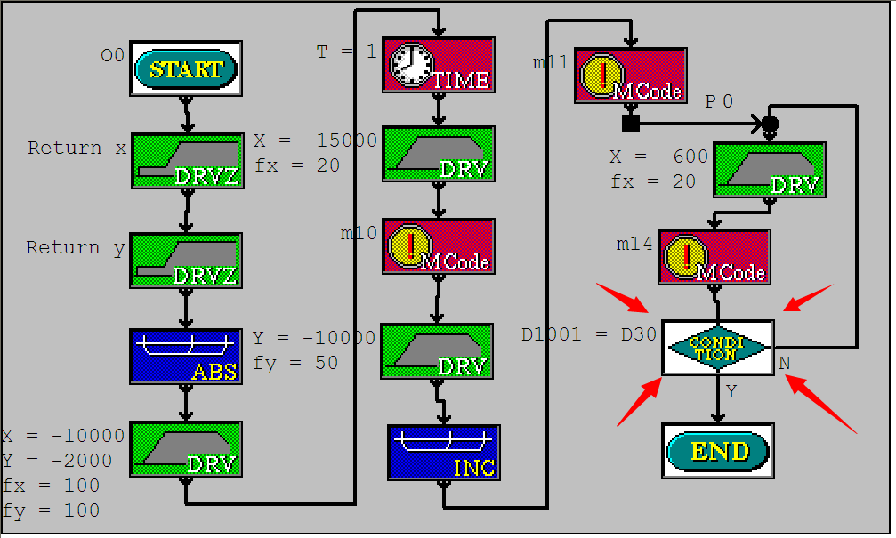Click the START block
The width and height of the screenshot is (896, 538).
[186, 68]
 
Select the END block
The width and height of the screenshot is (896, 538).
[717, 451]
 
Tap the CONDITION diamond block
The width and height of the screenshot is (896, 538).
[718, 347]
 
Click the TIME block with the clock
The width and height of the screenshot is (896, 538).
[439, 65]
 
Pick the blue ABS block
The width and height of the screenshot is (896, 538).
[186, 357]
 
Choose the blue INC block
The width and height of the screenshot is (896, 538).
[443, 452]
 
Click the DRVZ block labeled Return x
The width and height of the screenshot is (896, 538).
[187, 161]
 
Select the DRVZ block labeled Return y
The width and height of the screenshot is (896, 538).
[186, 261]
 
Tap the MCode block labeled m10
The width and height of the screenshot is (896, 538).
[439, 246]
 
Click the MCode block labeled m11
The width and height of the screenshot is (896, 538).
[631, 76]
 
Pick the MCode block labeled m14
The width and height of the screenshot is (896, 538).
[714, 257]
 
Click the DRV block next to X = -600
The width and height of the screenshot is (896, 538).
[770, 170]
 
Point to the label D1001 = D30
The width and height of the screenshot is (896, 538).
[588, 335]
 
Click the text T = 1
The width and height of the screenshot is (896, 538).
[347, 52]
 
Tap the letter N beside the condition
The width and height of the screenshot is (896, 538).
[784, 363]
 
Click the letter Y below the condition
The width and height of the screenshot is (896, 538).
[731, 391]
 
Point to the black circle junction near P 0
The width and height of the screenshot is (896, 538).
[770, 122]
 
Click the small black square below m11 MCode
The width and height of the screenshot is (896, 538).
[631, 123]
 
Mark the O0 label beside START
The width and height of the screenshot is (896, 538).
[112, 56]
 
